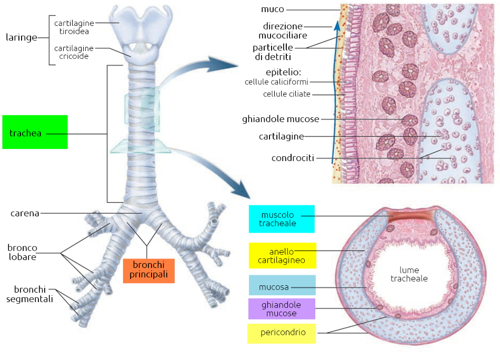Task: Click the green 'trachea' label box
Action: pos(35,132)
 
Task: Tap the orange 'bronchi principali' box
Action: pos(149,271)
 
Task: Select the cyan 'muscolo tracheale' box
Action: pos(282,219)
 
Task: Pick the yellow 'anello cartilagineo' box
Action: pos(282,256)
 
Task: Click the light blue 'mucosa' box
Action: pos(282,287)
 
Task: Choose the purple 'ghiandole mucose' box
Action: pos(282,309)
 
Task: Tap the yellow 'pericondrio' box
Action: pos(282,333)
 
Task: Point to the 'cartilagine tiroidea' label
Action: pos(74,27)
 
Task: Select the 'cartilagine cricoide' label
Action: pos(74,52)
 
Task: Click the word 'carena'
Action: pos(25,213)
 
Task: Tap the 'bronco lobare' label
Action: pos(22,252)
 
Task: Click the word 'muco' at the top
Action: pos(272,9)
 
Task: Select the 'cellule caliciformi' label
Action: pos(276,82)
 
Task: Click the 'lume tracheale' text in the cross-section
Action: pos(409,274)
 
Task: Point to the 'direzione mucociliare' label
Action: pos(283,31)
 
